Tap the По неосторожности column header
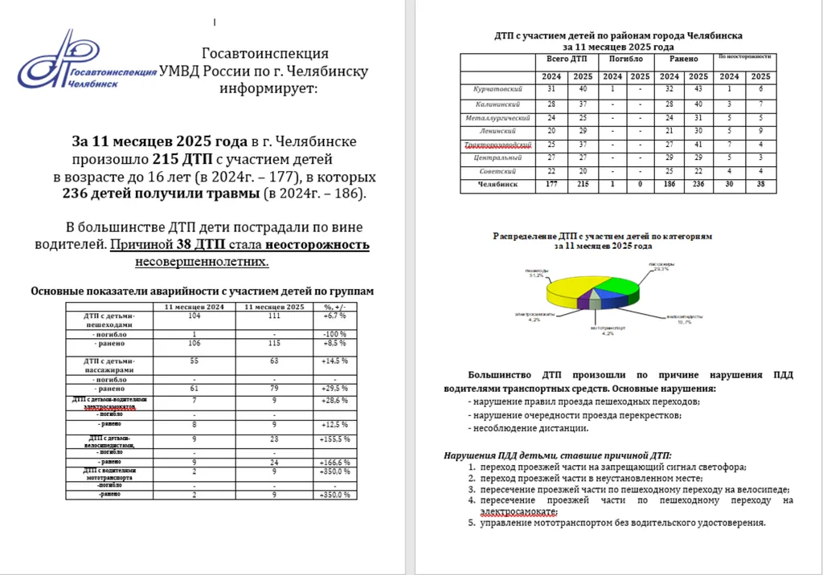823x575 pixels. [x=744, y=58]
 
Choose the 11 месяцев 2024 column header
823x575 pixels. [x=194, y=307]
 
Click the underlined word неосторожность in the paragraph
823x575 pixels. [x=318, y=245]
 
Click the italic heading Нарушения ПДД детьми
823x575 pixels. [x=557, y=455]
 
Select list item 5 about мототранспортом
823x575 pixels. [x=618, y=523]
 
